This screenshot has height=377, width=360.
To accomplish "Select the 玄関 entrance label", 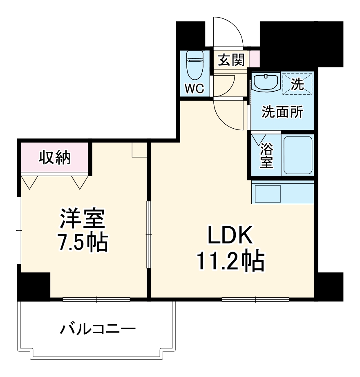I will click(x=231, y=60).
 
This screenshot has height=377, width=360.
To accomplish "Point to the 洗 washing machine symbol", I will click(x=297, y=84).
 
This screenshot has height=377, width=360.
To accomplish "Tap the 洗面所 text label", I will click(x=282, y=112).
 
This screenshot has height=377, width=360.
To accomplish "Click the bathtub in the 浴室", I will click(x=297, y=155).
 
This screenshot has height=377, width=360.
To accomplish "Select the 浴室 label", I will click(x=266, y=156).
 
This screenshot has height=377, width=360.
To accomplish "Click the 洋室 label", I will click(x=83, y=219).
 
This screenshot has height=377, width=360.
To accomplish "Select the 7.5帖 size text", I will click(x=83, y=243).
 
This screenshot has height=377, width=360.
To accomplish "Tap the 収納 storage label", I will click(x=54, y=157).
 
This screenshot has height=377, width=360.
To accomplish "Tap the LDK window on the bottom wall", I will click(x=255, y=299).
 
